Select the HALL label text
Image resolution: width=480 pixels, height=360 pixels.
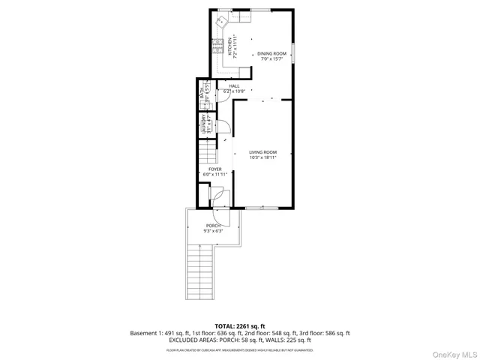[x=234, y=86]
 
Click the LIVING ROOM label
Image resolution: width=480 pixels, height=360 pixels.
[x=263, y=152]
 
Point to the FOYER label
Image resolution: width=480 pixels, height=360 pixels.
[x=215, y=170]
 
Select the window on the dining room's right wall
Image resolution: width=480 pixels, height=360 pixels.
[x=294, y=52]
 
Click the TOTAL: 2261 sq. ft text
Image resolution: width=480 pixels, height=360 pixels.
[x=239, y=326]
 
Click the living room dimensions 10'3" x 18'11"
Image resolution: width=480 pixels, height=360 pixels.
[x=263, y=157]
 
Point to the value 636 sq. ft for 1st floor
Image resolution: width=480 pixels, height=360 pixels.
[x=202, y=333]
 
